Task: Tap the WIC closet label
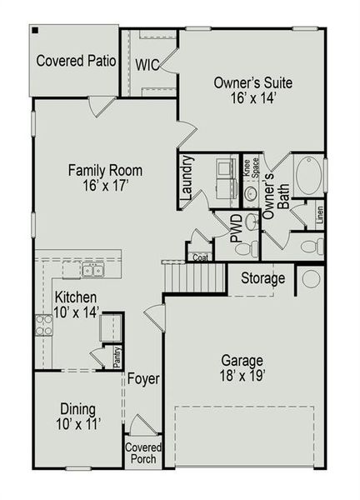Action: click(x=147, y=63)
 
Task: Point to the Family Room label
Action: click(x=105, y=178)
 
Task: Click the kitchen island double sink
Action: click(x=92, y=269)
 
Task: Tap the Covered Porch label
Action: click(x=143, y=453)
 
